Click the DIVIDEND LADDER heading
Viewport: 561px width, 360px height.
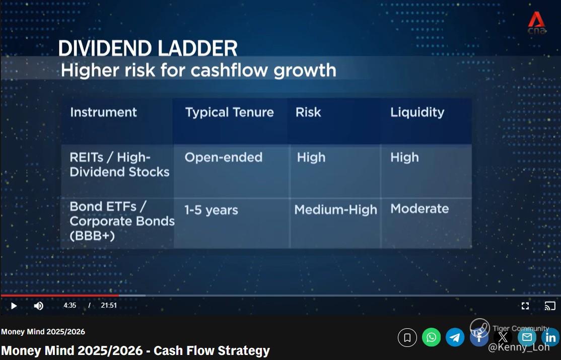pos(148,48)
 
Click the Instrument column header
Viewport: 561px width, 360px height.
pos(103,112)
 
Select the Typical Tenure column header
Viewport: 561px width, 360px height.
pos(229,113)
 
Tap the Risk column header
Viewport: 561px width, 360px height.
pos(308,112)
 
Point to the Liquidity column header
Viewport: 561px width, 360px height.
pos(417,113)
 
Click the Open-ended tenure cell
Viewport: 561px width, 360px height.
pos(224,158)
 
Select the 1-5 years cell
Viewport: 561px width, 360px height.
pos(211,210)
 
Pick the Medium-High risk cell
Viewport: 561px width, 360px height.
pos(335,209)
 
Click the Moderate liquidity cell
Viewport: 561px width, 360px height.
pos(419,208)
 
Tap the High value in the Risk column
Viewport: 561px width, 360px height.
pos(311,158)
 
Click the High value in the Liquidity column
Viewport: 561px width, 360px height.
pos(405,158)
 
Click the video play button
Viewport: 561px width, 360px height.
pos(14,306)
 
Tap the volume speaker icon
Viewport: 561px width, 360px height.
pos(39,306)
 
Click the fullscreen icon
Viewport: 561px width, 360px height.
pos(525,306)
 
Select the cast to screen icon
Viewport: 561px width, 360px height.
pos(550,306)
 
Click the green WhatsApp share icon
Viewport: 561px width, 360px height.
pos(431,337)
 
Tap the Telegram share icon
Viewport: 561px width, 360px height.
pos(455,337)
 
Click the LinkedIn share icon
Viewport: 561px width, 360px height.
pos(550,337)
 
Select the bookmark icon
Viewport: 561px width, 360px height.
pos(407,337)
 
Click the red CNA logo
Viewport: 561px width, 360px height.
pos(537,23)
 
